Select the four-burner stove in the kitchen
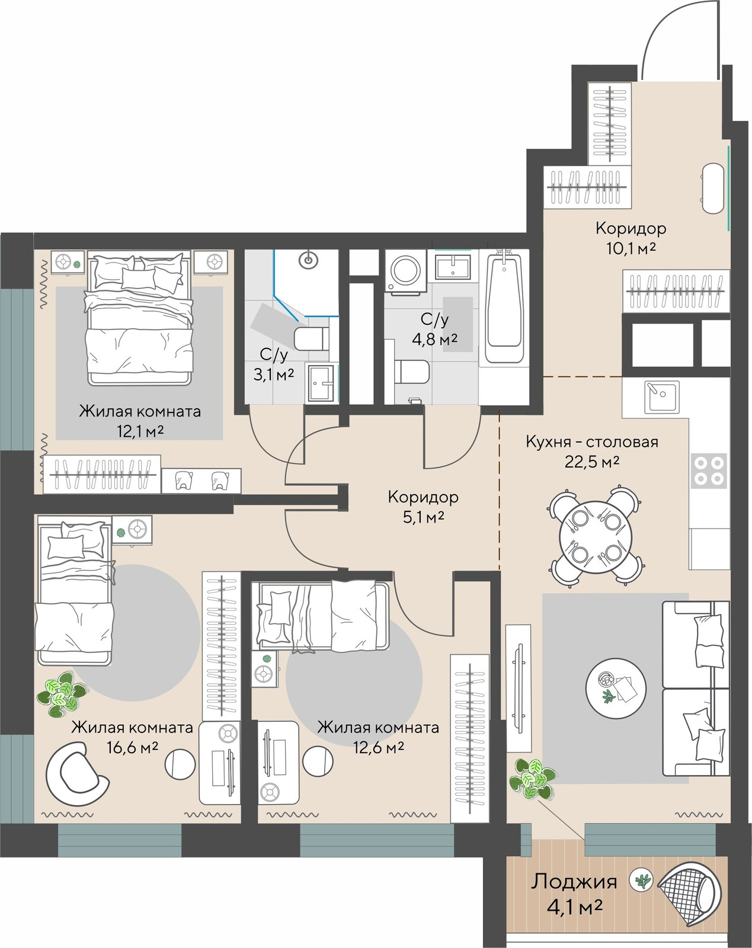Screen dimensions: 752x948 coord(709,471)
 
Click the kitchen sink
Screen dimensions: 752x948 coord(662,396)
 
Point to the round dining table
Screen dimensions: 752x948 coord(596,536)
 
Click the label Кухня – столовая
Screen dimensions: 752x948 coord(592,442)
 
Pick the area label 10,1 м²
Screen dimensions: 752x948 coord(631,248)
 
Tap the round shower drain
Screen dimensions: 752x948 coord(308,260)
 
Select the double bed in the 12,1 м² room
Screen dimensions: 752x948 coord(140,317)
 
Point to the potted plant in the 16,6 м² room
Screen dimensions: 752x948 coord(59,694)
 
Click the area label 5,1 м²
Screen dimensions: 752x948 coord(423,516)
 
